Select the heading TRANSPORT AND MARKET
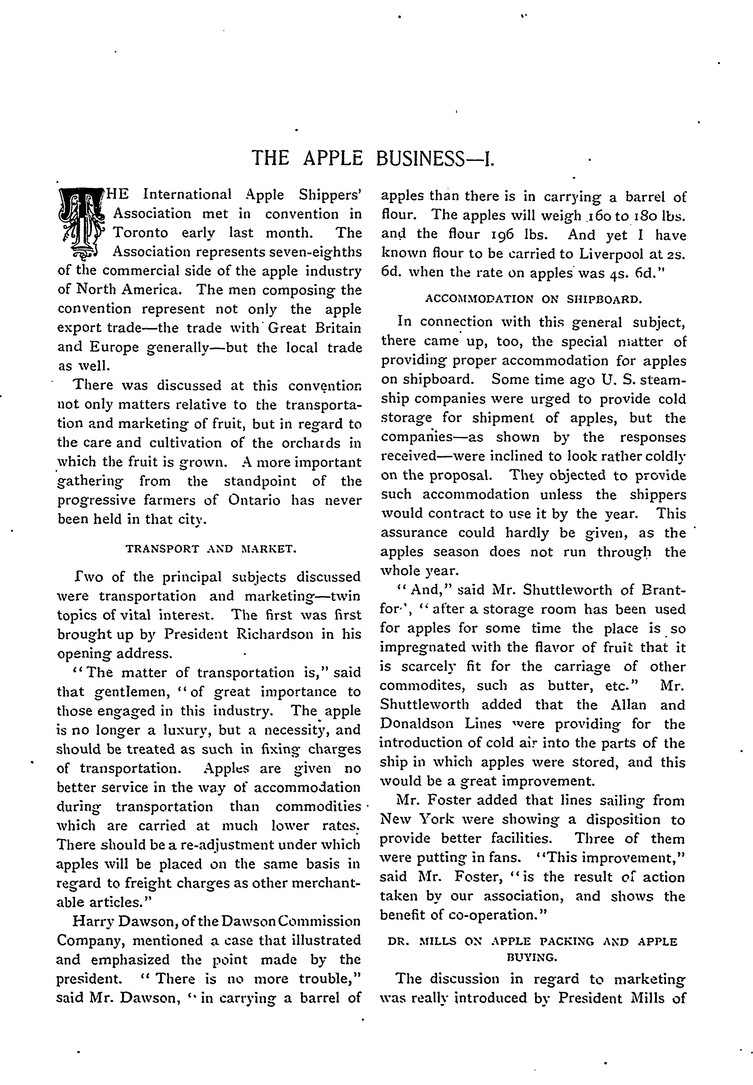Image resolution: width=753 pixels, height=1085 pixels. tap(211, 549)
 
